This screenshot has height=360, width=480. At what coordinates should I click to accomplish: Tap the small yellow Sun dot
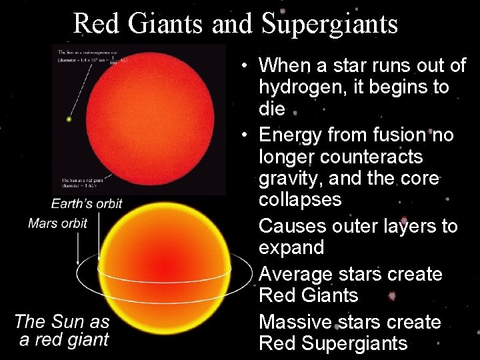coord(69,120)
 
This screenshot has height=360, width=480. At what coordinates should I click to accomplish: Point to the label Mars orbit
coord(57,223)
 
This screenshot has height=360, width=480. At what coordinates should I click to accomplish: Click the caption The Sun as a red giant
coord(62,330)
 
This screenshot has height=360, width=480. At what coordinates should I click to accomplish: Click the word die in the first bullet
coord(271,109)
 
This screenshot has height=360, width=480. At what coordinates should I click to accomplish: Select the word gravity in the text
coord(293,178)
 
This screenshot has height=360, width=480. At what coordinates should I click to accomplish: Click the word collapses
coord(299,199)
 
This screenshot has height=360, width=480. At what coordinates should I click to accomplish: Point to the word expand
coord(291,247)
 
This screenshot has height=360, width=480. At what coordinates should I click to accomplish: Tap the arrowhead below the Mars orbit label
coord(79,260)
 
